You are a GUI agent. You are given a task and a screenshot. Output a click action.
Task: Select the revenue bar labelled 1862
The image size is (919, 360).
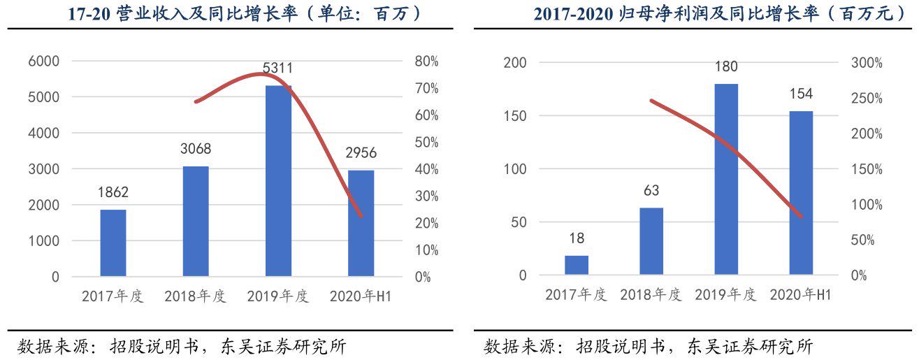(113, 243)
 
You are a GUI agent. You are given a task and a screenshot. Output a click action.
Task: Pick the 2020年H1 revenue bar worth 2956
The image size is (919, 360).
(361, 223)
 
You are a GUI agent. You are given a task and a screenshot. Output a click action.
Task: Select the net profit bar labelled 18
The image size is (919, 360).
(577, 265)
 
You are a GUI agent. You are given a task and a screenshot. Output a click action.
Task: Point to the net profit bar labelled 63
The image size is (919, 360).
(651, 240)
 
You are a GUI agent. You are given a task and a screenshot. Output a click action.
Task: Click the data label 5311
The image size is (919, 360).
(277, 69)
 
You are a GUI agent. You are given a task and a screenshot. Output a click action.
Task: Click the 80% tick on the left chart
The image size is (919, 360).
(426, 62)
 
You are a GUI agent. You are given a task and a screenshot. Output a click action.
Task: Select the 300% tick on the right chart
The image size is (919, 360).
(867, 63)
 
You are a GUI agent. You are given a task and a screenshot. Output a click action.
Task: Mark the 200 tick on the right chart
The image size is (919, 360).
(516, 63)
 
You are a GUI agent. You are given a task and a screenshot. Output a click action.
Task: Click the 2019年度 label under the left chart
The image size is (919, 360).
(277, 296)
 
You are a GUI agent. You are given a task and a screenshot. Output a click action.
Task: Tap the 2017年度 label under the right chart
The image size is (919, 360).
(577, 295)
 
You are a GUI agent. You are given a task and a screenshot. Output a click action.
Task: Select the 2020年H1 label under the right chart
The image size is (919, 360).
(800, 295)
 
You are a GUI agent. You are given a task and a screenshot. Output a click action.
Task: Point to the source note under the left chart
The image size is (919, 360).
(182, 346)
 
